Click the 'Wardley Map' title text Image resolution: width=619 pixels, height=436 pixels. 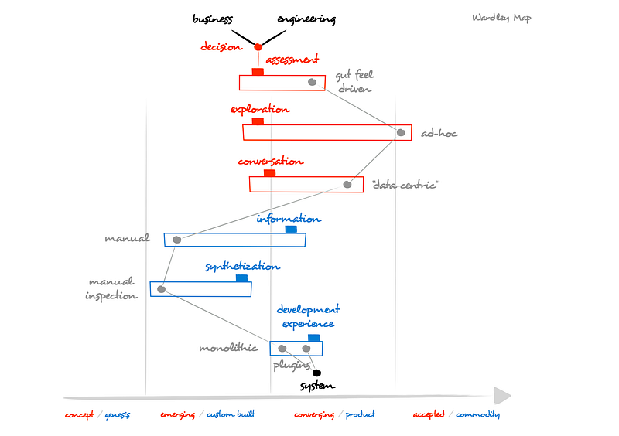(x=501, y=18)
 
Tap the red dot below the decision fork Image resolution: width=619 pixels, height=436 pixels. (x=258, y=47)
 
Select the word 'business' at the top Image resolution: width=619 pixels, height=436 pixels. (x=213, y=19)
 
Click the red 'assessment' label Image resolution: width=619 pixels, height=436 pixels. (x=292, y=60)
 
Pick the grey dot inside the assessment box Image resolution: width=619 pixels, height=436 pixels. (x=312, y=82)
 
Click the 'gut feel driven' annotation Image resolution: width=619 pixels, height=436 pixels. (x=354, y=82)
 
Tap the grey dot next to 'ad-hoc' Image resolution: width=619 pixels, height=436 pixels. (x=401, y=132)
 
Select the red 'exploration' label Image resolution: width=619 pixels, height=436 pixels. (x=260, y=109)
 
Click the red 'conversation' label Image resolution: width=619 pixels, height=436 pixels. (x=271, y=162)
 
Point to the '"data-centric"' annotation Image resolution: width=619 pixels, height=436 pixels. (x=405, y=185)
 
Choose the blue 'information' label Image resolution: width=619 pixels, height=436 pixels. (x=289, y=219)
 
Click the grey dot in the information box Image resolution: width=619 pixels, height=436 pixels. (x=176, y=240)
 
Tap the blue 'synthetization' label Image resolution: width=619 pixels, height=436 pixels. (x=242, y=267)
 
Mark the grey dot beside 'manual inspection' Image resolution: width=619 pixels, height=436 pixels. (x=161, y=290)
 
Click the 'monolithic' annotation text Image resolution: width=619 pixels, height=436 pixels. (x=228, y=348)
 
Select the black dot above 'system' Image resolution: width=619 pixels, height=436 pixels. (x=316, y=373)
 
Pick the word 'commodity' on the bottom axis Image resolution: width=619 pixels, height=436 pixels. (x=477, y=414)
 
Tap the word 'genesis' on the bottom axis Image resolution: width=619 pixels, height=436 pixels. (x=118, y=414)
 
